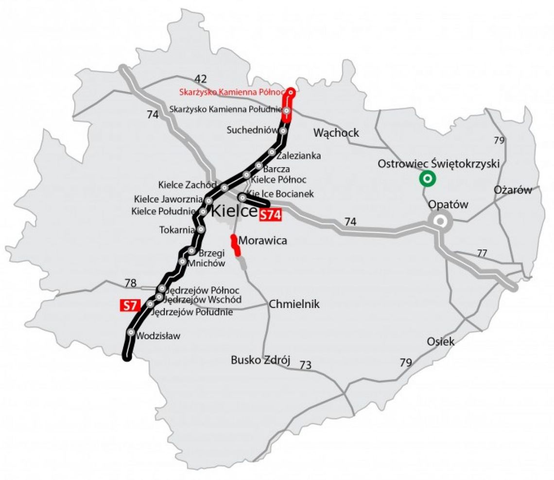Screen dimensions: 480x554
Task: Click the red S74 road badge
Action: pos(270,215)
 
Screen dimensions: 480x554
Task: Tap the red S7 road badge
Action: pos(130,305)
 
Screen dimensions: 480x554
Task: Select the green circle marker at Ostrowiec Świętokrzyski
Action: pos(428,179)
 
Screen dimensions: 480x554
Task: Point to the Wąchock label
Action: pos(336,132)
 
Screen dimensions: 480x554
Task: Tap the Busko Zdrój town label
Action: pos(260,360)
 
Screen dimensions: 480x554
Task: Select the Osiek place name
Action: pos(441,341)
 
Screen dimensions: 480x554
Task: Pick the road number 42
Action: pos(201,78)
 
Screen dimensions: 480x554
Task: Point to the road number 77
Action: pos(482,253)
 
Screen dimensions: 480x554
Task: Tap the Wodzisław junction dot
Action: pos(131,332)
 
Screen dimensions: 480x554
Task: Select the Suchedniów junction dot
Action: pos(283,131)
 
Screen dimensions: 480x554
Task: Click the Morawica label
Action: pos(263,240)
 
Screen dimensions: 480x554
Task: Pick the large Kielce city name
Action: pos(233,212)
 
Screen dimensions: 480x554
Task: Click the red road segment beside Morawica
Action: pos(236,246)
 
